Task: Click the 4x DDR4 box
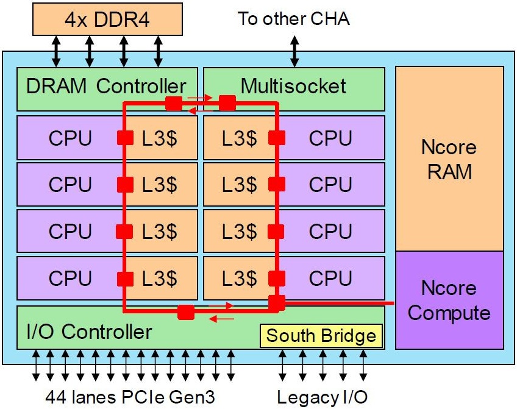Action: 107,19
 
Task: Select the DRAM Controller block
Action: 107,89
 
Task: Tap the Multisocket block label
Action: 293,87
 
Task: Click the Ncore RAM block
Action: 449,159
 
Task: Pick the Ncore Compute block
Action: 449,300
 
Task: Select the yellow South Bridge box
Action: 321,336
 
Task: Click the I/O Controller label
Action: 89,331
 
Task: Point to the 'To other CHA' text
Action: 293,18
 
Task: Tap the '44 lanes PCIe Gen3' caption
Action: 130,397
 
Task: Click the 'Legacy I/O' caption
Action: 322,397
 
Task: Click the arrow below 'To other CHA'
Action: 294,51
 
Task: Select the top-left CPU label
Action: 70,138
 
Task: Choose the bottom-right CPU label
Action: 330,278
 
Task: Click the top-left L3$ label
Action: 160,138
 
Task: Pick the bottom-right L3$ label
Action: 240,278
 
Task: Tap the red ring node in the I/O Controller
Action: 186,312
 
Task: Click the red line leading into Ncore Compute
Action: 339,302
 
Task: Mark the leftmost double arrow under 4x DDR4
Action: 56,51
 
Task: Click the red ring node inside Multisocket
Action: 227,103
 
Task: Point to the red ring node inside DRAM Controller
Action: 174,103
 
